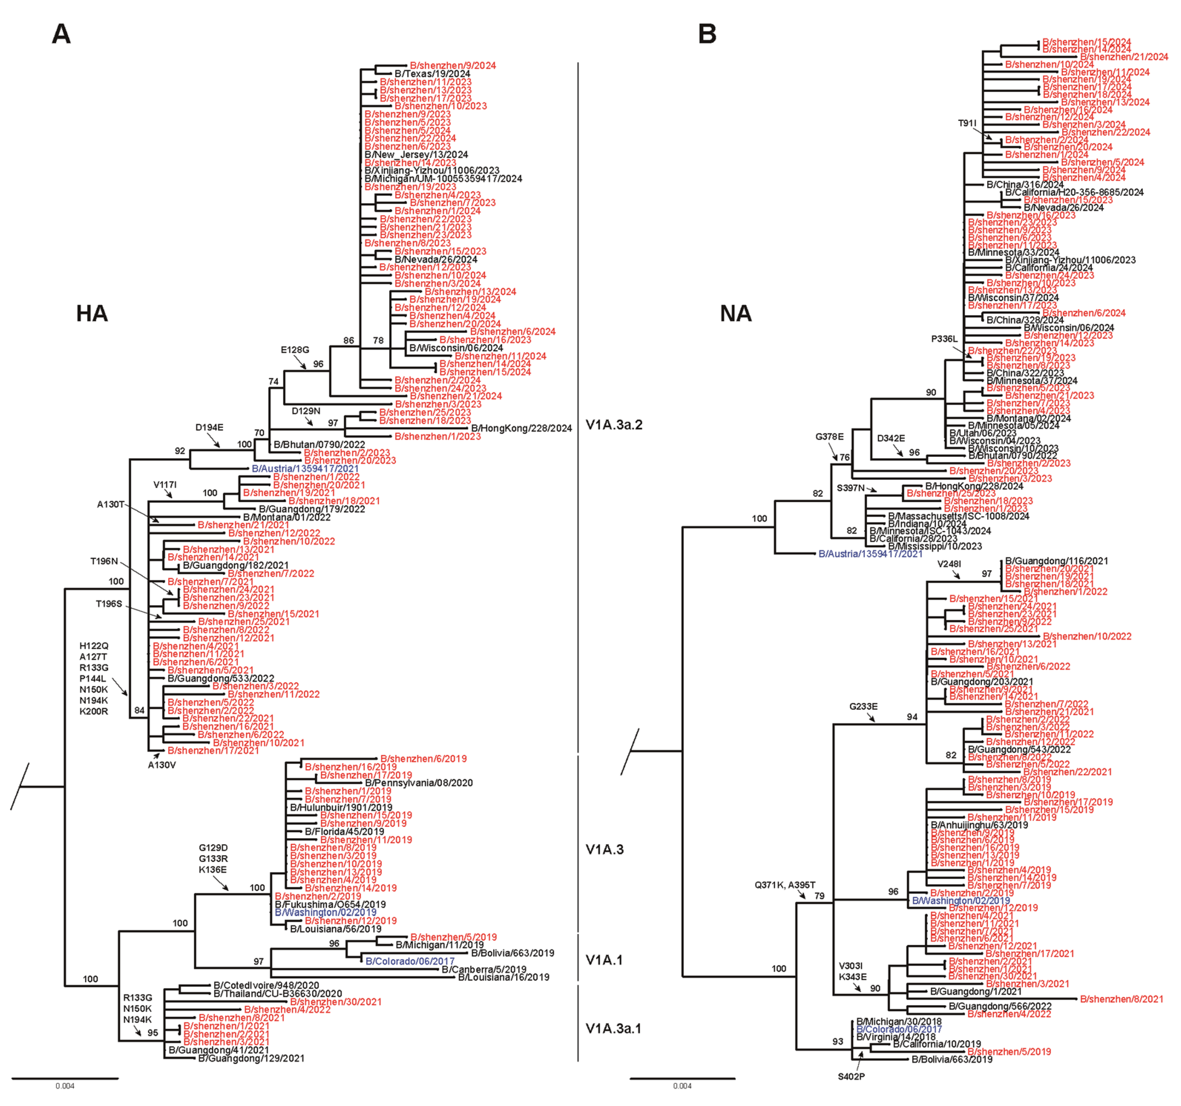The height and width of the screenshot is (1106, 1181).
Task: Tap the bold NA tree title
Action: click(x=736, y=313)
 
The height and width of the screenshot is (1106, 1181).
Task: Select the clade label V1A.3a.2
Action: click(x=614, y=425)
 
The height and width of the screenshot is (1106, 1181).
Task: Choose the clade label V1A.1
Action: click(x=603, y=960)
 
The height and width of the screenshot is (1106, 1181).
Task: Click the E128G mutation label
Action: click(x=295, y=350)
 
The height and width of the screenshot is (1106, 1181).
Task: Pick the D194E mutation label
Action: click(x=209, y=428)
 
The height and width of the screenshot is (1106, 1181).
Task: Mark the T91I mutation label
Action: click(x=967, y=123)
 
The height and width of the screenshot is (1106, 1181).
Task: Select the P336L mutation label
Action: click(x=944, y=339)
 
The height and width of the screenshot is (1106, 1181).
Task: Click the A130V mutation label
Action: click(x=162, y=765)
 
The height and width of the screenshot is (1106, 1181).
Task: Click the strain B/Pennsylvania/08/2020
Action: click(x=419, y=783)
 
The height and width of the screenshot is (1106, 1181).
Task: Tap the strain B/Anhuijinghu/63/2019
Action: click(x=979, y=825)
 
